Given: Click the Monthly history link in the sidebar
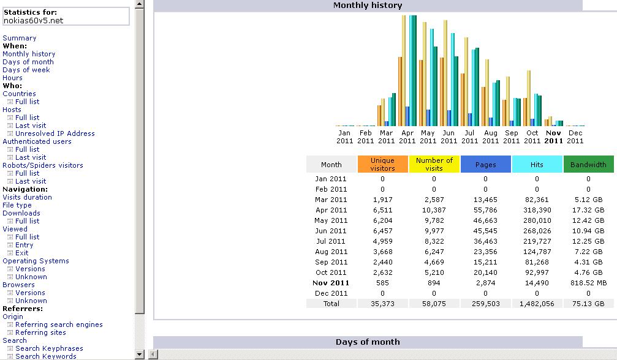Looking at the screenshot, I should pos(29,54).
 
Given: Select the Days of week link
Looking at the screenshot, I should pos(26,70).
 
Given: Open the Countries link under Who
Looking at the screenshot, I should pos(19,94).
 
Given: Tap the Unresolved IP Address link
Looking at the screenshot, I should pos(55,133).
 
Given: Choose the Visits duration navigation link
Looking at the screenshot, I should pos(27,197).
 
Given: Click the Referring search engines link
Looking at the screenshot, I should pos(59,324).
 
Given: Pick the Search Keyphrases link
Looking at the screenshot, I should pos(49,348).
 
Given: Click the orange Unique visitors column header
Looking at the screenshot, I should pos(382,164).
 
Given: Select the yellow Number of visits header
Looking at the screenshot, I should pos(434,164).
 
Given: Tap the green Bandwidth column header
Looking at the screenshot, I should pos(588,165).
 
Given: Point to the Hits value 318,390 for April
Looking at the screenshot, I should pos(537,210).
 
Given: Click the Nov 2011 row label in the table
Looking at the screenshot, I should pos(331,283).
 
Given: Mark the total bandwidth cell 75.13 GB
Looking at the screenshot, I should pos(588,304).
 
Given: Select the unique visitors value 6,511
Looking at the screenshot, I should pos(382,210).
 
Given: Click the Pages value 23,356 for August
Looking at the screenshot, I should pos(485,252).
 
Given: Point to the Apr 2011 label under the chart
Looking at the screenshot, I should pos(407,137).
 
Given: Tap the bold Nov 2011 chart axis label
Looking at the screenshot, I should pos(553,137).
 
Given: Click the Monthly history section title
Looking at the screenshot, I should pos(368,6).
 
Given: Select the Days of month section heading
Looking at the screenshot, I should pos(368,342).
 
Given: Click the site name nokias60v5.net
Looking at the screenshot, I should pos(33,21).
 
